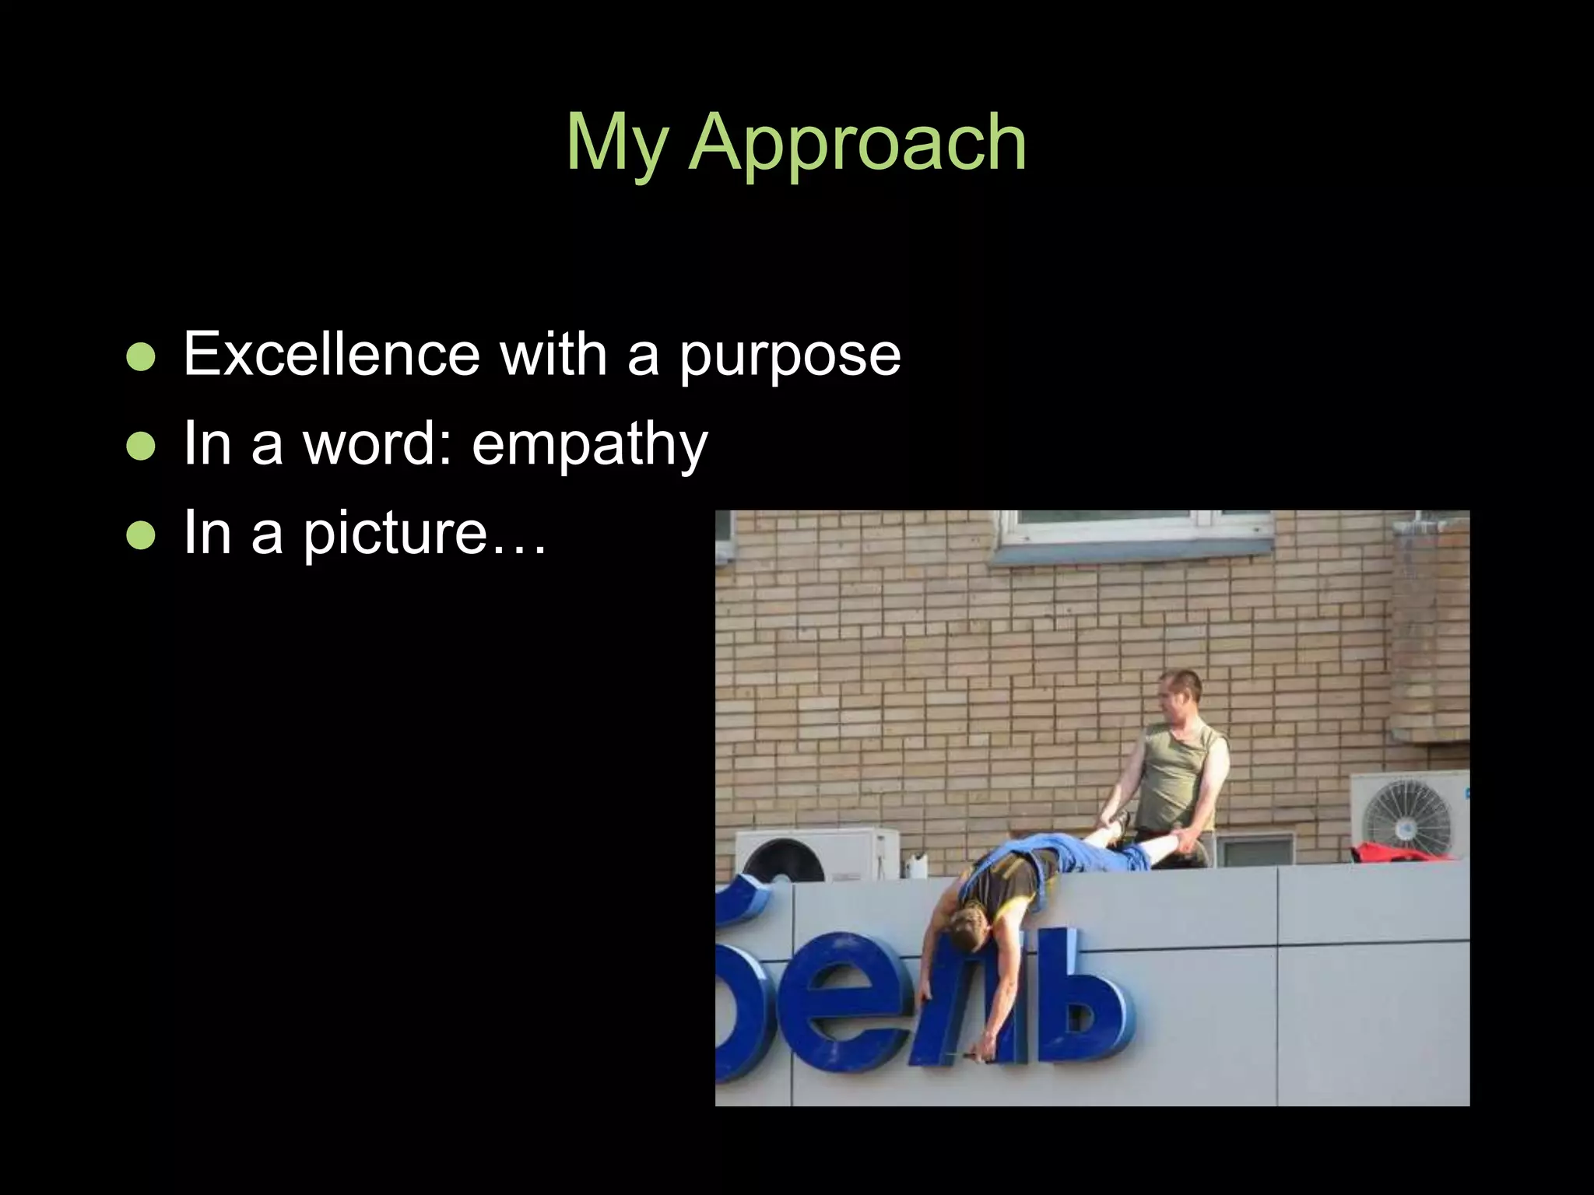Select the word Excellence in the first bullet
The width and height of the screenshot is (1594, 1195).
coord(332,355)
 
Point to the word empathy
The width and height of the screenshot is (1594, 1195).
coord(589,446)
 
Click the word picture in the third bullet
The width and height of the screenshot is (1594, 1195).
coord(395,534)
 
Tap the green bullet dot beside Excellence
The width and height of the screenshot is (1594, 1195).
coord(141,357)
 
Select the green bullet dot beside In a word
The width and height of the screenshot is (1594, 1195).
coord(141,447)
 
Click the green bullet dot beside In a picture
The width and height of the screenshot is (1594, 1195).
coord(141,535)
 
